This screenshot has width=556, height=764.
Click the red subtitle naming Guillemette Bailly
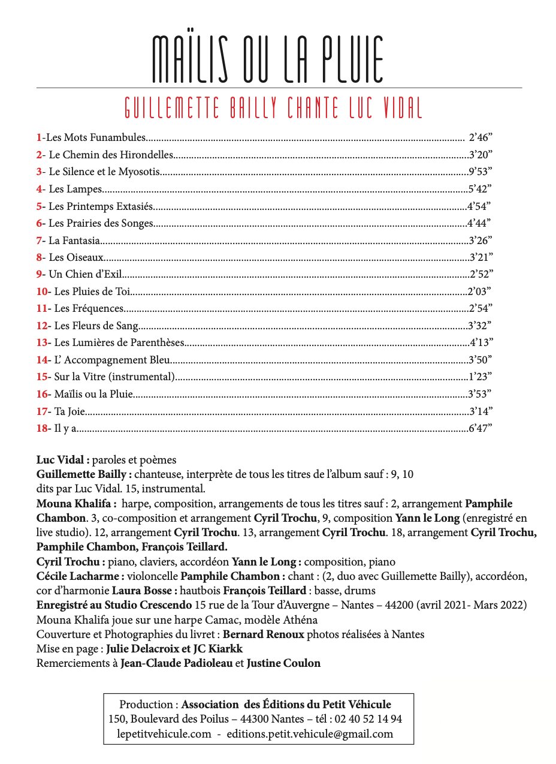[273, 107]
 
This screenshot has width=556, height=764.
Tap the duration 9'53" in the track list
[479, 172]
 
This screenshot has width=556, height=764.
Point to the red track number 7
[40, 241]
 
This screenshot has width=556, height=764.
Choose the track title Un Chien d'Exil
[85, 275]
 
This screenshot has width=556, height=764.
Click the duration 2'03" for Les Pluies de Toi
[479, 292]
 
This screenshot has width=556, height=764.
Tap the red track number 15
[42, 377]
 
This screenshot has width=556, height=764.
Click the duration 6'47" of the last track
[480, 429]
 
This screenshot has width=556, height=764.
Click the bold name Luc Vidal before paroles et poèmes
[62, 460]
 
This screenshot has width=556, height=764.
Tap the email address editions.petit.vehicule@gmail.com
[310, 734]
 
